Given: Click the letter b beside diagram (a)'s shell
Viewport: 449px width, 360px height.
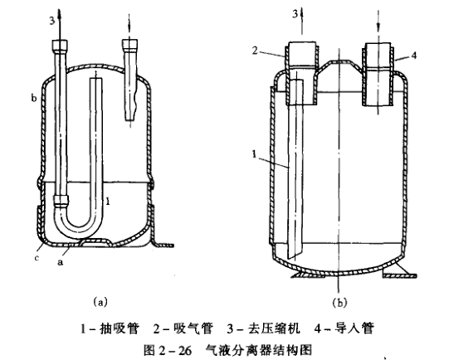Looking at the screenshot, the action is point(34,98).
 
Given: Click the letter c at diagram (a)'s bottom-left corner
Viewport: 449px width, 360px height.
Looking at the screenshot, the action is point(37,258).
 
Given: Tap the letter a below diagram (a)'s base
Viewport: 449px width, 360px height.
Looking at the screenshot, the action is point(60,261).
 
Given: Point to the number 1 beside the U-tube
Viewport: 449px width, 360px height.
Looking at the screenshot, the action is point(108,202).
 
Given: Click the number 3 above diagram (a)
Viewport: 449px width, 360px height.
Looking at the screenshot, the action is point(51,21).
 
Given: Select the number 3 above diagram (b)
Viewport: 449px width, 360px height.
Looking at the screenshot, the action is point(295,14).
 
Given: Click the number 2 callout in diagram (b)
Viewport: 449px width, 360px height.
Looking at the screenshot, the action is point(255,51).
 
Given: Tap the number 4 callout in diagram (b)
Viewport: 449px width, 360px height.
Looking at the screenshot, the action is point(413,56).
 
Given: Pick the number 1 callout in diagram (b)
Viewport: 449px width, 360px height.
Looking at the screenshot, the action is point(254,154).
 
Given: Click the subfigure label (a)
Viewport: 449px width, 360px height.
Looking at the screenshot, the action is point(100,302).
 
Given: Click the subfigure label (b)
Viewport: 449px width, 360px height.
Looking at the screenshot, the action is point(339,302).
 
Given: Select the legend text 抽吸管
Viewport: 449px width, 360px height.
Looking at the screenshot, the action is point(120,328).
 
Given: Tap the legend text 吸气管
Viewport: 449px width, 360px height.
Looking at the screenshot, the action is point(193,328).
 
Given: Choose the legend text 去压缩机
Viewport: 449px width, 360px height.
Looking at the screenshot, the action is point(273,328).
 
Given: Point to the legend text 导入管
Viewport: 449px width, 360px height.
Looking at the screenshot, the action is point(354,328).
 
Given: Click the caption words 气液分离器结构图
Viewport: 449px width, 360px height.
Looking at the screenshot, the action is point(258,350).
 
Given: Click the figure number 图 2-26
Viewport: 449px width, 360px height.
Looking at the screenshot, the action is point(168,350).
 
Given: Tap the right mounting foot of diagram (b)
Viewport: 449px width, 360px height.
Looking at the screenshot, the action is point(399,272).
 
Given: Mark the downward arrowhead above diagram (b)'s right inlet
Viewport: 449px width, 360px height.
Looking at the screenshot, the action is point(378,27).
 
